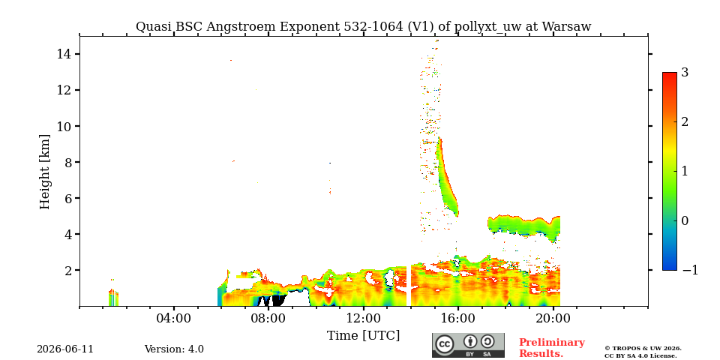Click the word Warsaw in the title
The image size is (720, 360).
566,27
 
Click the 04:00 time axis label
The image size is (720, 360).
174,318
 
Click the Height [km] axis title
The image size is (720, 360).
44,172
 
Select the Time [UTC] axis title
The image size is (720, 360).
363,336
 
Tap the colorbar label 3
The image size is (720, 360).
685,73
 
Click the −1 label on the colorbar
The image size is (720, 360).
690,270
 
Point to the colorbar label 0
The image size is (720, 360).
685,220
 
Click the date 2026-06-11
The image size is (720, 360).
65,349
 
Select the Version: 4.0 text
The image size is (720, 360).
174,349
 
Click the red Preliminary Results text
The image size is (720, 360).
551,348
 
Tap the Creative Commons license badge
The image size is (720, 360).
468,345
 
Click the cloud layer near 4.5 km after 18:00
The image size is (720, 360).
524,226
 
